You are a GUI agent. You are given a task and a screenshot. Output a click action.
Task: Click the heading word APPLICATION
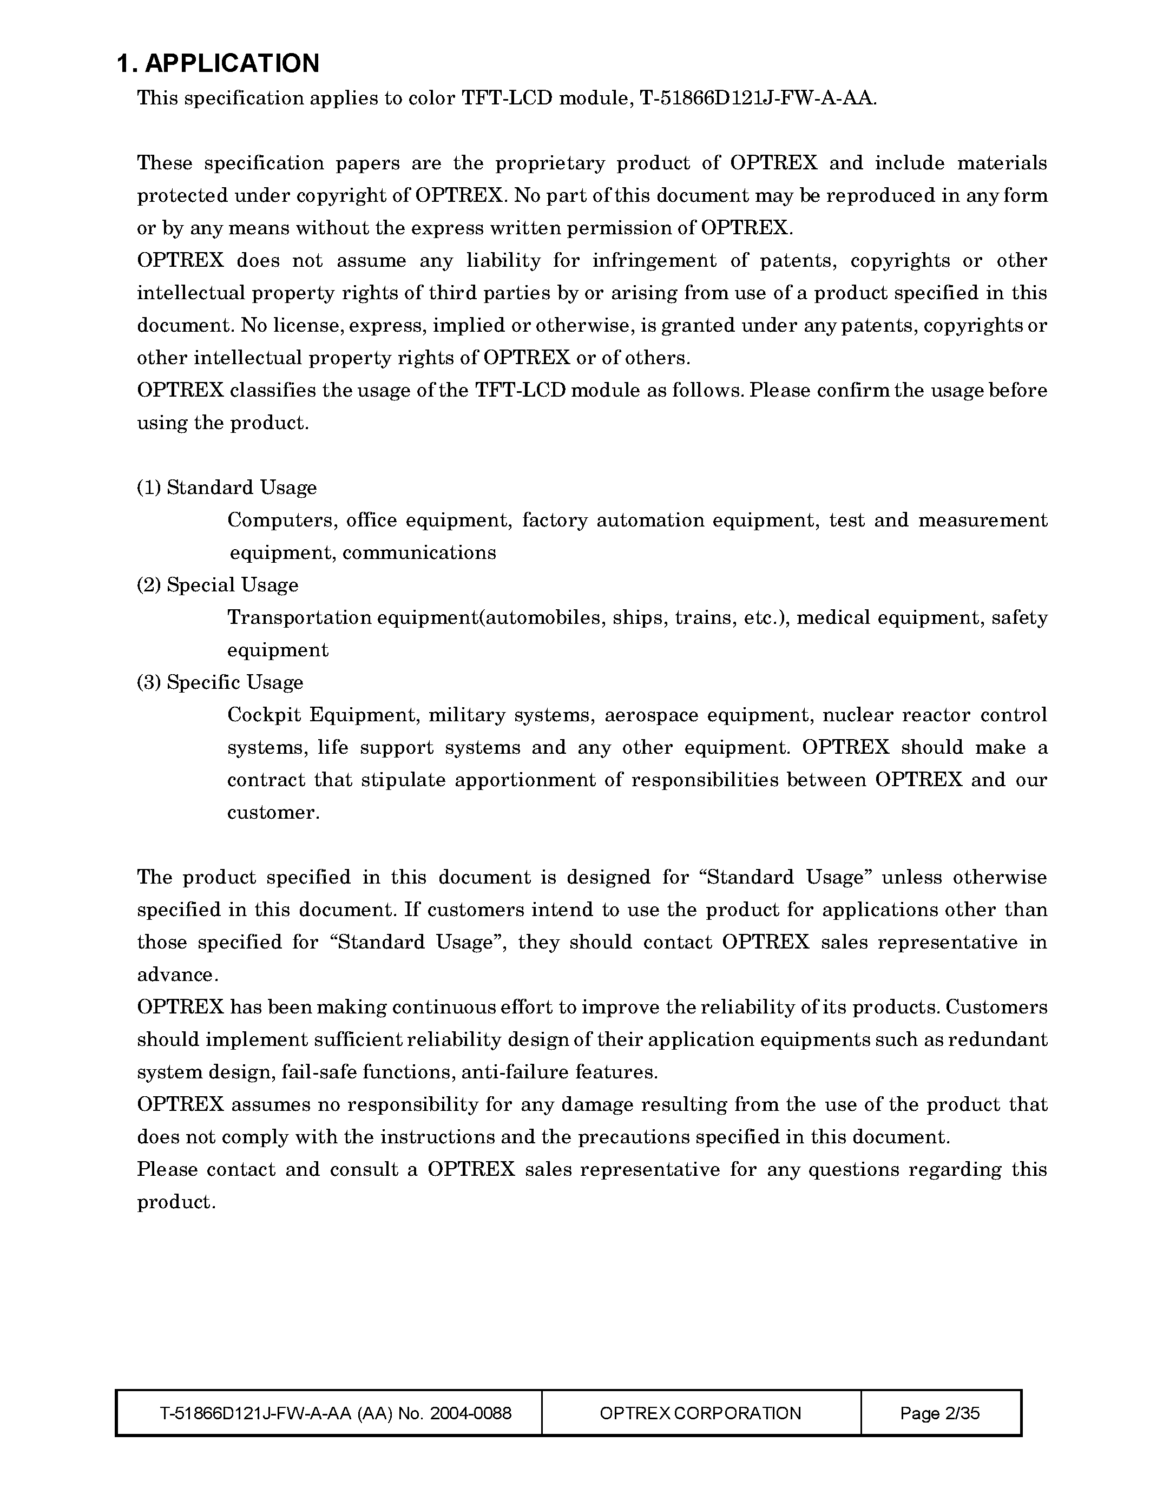point(232,63)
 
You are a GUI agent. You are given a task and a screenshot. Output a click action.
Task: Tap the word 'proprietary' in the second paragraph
point(550,163)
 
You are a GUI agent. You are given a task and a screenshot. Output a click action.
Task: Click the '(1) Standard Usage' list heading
point(227,488)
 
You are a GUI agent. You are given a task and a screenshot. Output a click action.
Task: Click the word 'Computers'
point(282,521)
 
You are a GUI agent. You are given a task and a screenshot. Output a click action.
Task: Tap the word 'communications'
point(419,552)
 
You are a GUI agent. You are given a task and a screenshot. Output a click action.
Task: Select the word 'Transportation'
point(299,618)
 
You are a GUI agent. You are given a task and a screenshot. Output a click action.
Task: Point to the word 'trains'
point(703,618)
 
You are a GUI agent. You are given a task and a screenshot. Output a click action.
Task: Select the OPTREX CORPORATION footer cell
point(700,1413)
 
